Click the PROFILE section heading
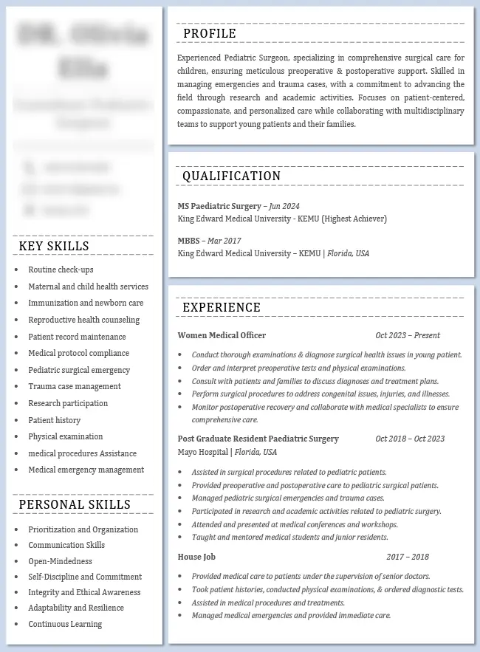click(x=210, y=33)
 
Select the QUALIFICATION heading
click(x=231, y=176)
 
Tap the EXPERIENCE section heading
click(x=222, y=307)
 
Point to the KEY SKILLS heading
click(x=54, y=246)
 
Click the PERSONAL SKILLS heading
click(x=75, y=504)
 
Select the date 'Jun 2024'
click(x=284, y=206)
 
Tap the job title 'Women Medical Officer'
click(x=222, y=335)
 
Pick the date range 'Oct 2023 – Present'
click(x=408, y=335)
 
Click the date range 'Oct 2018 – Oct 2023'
click(x=410, y=439)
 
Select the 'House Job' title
click(x=196, y=557)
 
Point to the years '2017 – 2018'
click(x=408, y=557)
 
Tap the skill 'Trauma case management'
click(x=75, y=386)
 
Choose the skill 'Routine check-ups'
click(x=61, y=270)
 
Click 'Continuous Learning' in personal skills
click(x=65, y=624)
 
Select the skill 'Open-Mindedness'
click(x=60, y=561)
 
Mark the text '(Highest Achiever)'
click(x=354, y=219)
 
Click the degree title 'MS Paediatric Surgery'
click(x=219, y=206)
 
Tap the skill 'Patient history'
click(x=55, y=420)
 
